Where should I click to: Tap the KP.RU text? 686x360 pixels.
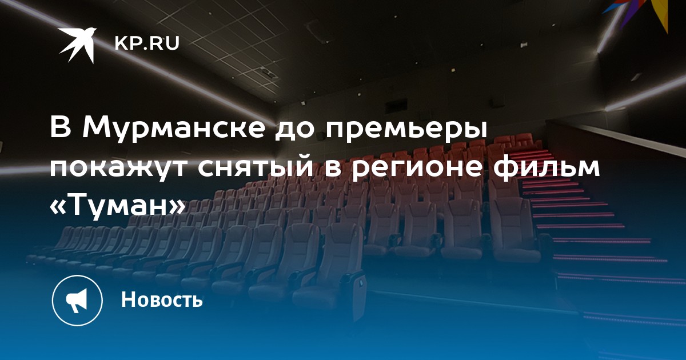click(147, 44)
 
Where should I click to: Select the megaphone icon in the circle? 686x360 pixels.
click(77, 300)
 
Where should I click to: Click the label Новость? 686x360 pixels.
click(162, 299)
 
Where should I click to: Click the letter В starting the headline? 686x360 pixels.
click(61, 127)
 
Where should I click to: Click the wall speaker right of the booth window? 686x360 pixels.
click(497, 102)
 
